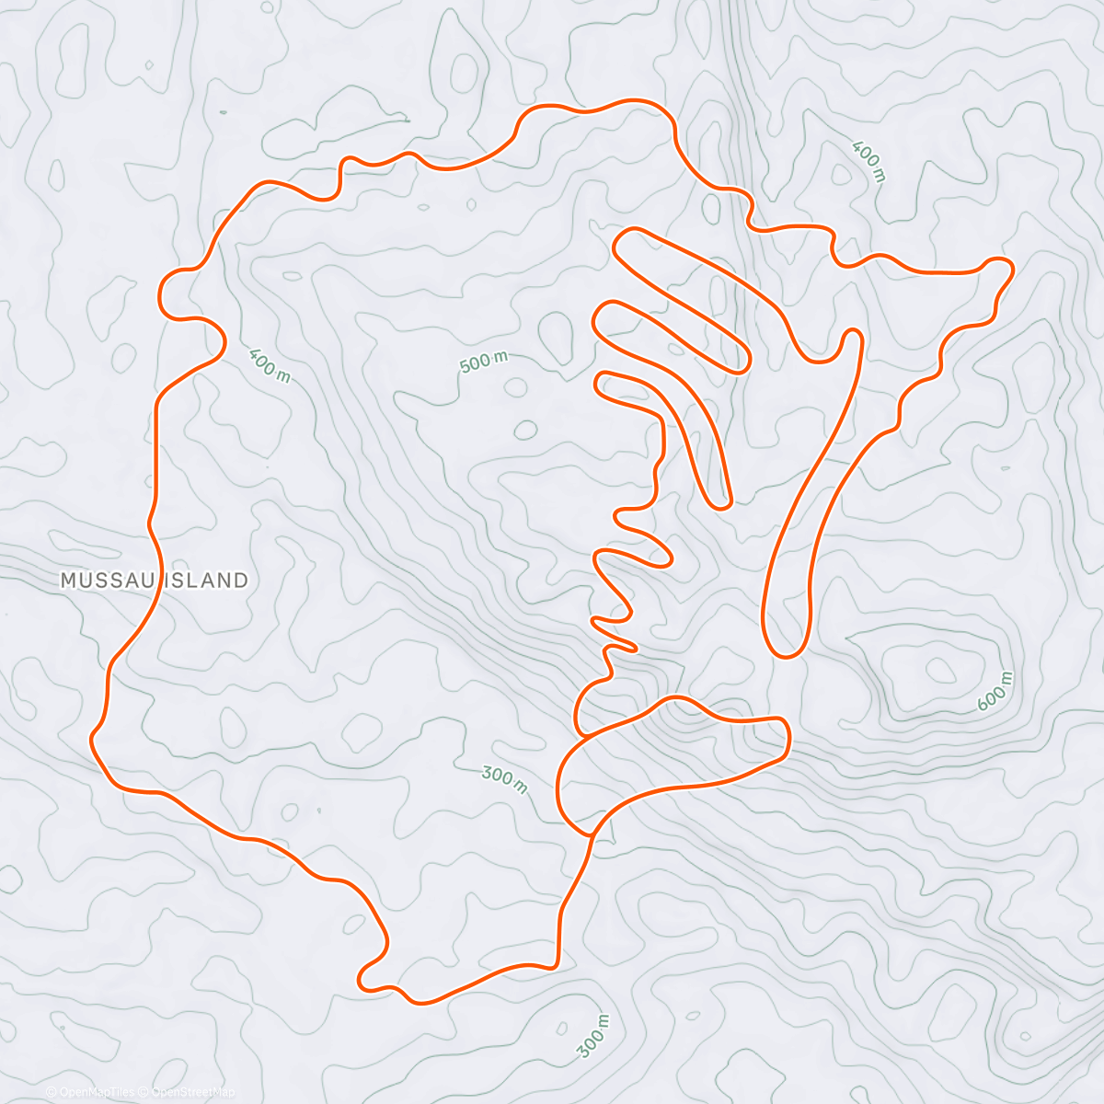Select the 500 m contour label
point(484,362)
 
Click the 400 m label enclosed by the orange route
point(270,364)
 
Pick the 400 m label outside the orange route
point(868,162)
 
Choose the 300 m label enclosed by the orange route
point(504,779)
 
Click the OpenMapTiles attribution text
point(96,1092)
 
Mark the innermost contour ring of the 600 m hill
point(939,669)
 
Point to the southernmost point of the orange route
point(420,1002)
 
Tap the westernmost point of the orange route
point(92,736)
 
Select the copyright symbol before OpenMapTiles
point(52,1092)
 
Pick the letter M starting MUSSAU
point(67,581)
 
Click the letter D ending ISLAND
point(242,581)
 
